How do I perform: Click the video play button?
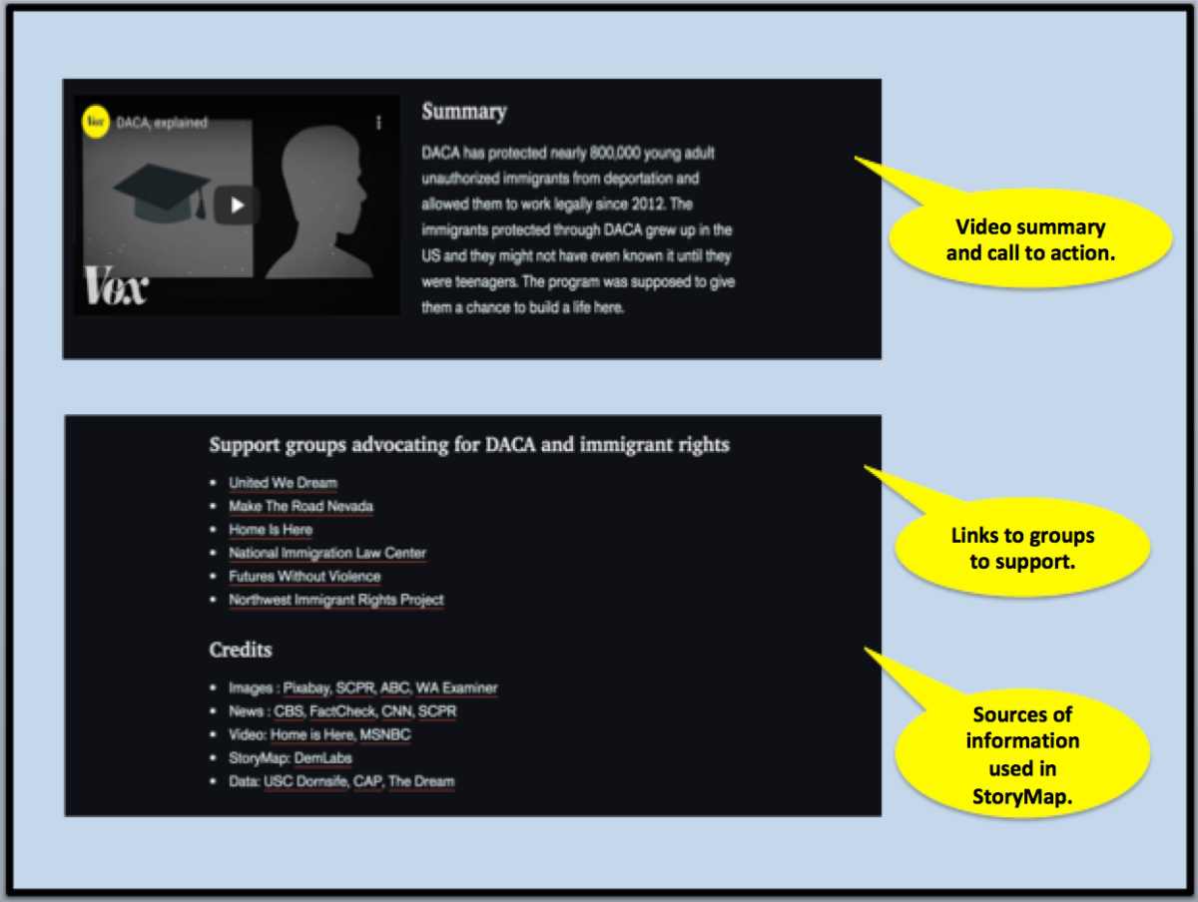[x=237, y=206]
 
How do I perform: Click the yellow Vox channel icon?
[x=96, y=121]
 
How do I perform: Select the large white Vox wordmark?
[x=116, y=284]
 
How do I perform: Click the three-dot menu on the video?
[x=378, y=123]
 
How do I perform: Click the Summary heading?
[x=464, y=111]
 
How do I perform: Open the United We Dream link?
[x=283, y=483]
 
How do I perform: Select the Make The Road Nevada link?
[x=300, y=506]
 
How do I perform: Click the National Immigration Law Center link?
[x=327, y=553]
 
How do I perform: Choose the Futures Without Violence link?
[x=304, y=577]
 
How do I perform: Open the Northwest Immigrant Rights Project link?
[x=336, y=600]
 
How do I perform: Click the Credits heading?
[x=241, y=650]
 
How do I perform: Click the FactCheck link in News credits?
[x=342, y=711]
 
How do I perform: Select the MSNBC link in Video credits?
[x=385, y=735]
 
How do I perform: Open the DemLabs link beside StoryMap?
[x=323, y=758]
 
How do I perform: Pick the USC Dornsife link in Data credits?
[x=305, y=781]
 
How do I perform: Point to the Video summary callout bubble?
[x=1030, y=238]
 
